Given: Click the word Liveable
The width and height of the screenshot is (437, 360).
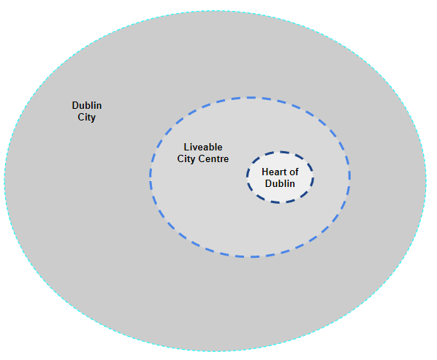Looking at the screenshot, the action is (x=203, y=147).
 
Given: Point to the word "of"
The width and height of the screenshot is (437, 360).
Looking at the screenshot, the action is (x=294, y=172).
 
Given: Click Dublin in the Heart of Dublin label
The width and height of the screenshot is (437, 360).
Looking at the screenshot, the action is (x=280, y=183).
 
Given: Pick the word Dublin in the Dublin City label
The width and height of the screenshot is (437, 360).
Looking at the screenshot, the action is (x=87, y=106).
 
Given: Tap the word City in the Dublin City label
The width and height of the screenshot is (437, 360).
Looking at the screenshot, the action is (x=86, y=118).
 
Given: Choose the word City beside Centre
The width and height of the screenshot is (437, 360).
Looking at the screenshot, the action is (x=186, y=159).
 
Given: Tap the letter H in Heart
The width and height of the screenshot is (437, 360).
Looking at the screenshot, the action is (x=265, y=172).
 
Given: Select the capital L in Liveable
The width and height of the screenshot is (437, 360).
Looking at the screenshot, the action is (x=186, y=147).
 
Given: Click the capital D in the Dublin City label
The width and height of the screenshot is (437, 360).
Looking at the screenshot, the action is (x=75, y=106).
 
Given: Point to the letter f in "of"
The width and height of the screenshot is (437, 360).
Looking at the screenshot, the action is (x=297, y=172).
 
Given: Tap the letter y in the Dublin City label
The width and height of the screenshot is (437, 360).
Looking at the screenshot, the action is (x=93, y=118).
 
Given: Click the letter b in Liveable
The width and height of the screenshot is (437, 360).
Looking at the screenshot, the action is (x=211, y=147).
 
